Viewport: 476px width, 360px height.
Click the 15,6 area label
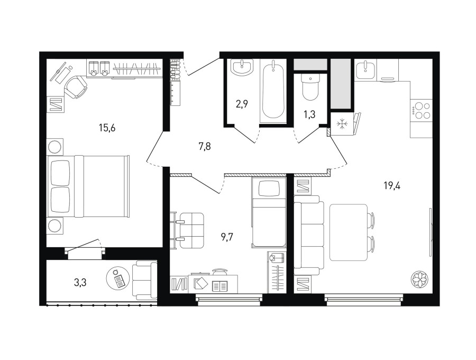pyautogui.click(x=107, y=128)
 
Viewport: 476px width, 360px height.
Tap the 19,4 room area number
pyautogui.click(x=392, y=185)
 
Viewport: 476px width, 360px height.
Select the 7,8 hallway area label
pyautogui.click(x=205, y=147)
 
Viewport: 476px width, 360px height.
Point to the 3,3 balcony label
pyautogui.click(x=80, y=283)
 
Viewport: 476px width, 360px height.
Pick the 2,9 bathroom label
pyautogui.click(x=242, y=104)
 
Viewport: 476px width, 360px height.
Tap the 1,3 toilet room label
pyautogui.click(x=309, y=114)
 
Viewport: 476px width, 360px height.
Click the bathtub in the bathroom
pyautogui.click(x=273, y=91)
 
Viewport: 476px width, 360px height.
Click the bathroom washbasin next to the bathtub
pyautogui.click(x=242, y=67)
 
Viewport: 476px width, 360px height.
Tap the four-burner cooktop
pyautogui.click(x=420, y=111)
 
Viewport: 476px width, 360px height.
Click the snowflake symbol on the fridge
pyautogui.click(x=342, y=124)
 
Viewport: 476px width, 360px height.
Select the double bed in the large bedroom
pyautogui.click(x=88, y=186)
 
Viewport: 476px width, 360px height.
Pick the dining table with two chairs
pyautogui.click(x=352, y=232)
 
